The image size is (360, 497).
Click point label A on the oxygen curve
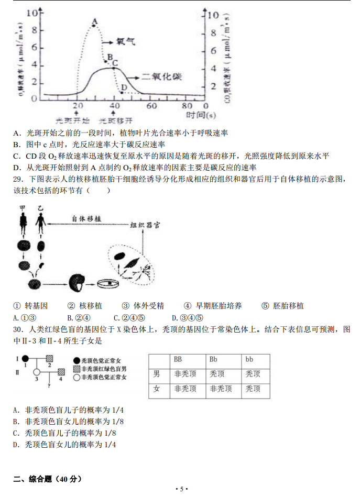tap(94, 21)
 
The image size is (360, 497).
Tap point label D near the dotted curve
tap(124, 87)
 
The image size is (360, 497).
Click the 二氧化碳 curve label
tap(163, 76)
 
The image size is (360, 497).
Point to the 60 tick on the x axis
tap(151, 106)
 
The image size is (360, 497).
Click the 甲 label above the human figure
tap(23, 208)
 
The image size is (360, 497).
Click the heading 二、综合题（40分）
tap(48, 479)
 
